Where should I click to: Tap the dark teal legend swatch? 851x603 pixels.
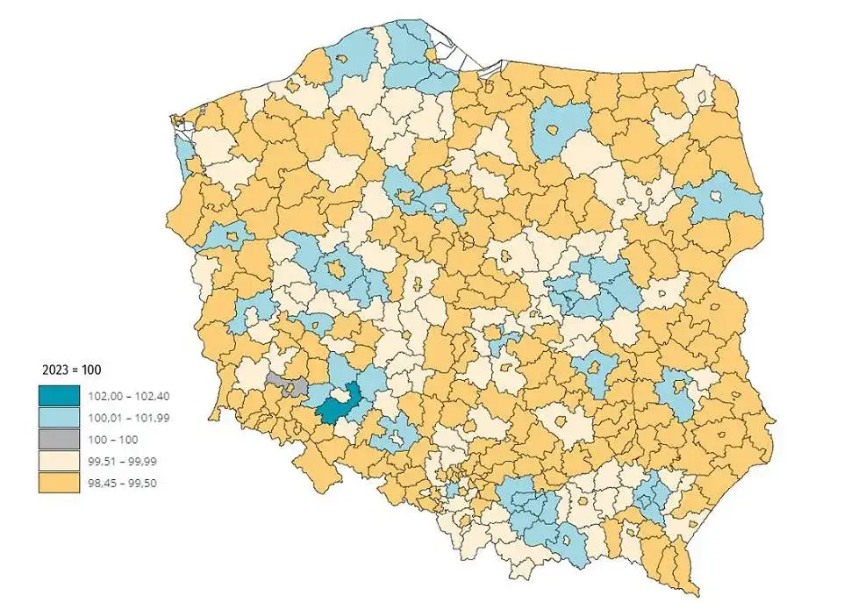click(58, 396)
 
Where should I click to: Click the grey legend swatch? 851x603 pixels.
click(58, 439)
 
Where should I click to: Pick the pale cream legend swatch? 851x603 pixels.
click(58, 461)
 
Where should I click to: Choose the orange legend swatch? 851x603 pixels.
click(58, 482)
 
